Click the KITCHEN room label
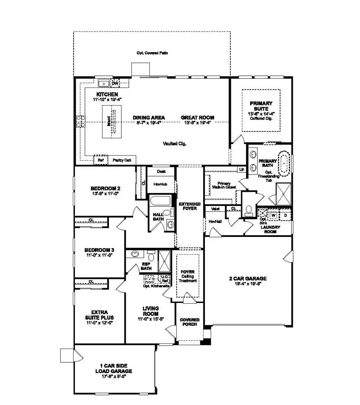[107, 94]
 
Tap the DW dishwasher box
[115, 83]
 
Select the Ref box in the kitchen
[101, 160]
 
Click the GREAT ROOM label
[197, 118]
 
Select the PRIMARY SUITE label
[261, 106]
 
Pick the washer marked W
[273, 214]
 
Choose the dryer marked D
[285, 214]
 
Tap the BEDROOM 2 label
[105, 188]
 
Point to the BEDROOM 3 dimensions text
[99, 255]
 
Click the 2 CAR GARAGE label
[248, 278]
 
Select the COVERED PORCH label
[189, 321]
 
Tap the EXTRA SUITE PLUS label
[99, 314]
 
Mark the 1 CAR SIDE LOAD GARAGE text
[113, 368]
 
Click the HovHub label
[161, 184]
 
